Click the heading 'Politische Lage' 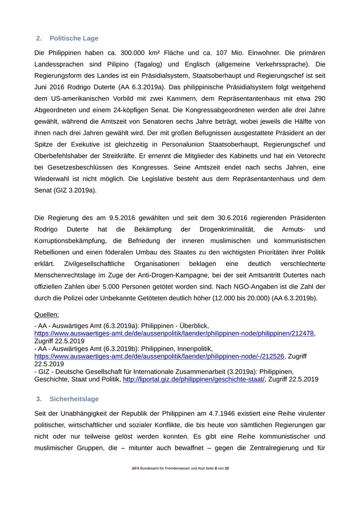click(x=74, y=39)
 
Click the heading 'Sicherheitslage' click(x=74, y=399)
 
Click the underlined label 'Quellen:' click(x=47, y=314)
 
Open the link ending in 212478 click(x=174, y=333)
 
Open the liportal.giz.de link click(x=193, y=379)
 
